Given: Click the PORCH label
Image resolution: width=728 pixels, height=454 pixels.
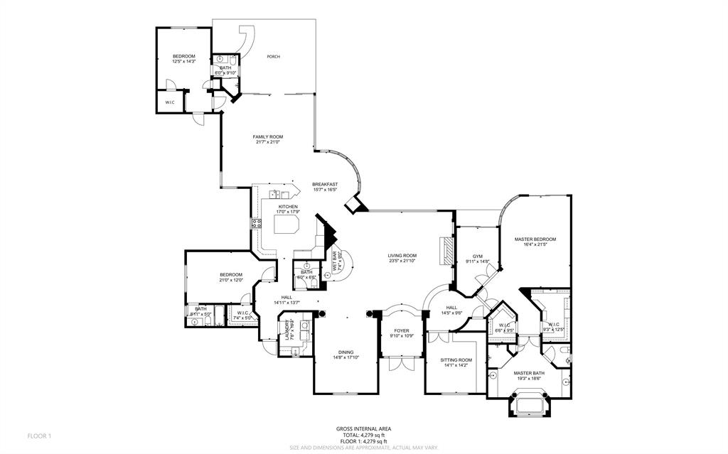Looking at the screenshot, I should pos(273,57).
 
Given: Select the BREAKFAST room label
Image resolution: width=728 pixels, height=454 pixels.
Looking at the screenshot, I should pos(325,185).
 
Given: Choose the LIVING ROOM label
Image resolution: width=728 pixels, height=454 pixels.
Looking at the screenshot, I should pos(402,256).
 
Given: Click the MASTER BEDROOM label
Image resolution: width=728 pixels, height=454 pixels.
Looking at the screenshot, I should pos(535,239).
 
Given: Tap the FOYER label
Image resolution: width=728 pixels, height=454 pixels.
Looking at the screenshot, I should pos(402,330).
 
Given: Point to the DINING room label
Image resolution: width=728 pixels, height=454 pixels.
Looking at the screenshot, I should pos(346,352).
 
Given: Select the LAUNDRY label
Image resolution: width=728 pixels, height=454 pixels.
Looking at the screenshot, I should pos(288,332).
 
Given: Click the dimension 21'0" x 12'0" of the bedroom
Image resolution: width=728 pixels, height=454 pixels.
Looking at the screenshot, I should pos(231,280).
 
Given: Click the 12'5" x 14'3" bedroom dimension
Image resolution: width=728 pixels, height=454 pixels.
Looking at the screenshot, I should pos(183,62).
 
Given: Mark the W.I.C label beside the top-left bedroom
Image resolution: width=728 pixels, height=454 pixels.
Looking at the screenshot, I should pos(170,102).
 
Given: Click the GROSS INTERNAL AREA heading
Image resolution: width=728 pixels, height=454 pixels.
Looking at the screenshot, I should pos(363,428).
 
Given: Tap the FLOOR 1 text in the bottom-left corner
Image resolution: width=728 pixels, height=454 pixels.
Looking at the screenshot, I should pos(40,435).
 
